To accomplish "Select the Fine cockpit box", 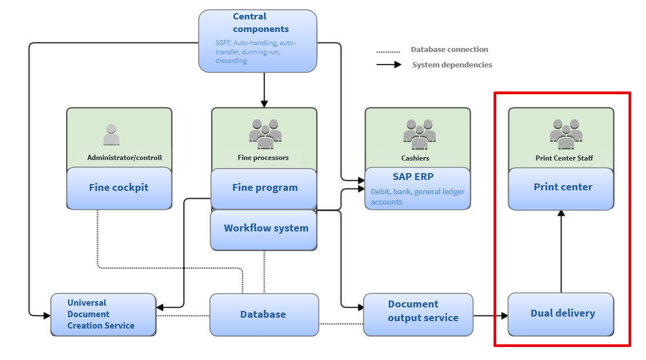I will [x=118, y=187].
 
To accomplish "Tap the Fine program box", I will [x=265, y=187].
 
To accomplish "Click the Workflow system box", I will [x=266, y=229].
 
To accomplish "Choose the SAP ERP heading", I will [x=413, y=177].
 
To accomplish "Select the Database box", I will [x=263, y=314].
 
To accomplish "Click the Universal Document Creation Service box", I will [x=102, y=314].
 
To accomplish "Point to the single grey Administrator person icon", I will [x=111, y=135].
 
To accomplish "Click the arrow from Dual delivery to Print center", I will [x=561, y=251].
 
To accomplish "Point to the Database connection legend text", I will [x=449, y=50].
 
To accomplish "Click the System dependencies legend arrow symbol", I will [x=388, y=65].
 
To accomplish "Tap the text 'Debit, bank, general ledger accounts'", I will [x=417, y=197].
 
